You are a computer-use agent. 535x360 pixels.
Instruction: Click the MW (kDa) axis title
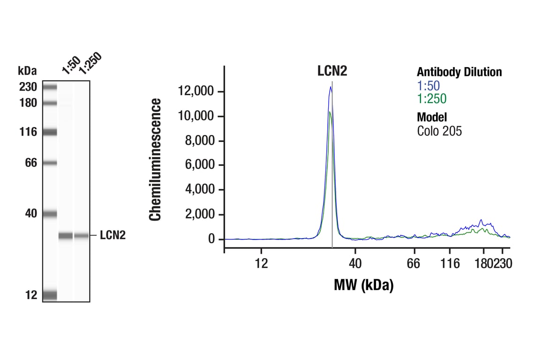pos(363,285)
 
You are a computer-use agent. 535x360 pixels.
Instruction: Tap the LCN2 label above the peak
pos(332,71)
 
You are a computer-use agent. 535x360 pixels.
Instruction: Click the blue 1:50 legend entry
pos(429,86)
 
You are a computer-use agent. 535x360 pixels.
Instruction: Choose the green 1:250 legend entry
pos(431,98)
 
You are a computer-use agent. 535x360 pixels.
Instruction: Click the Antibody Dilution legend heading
pos(459,72)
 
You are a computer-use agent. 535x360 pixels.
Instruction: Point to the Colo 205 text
pos(439,131)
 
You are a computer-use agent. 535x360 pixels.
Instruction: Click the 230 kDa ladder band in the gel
pos(50,87)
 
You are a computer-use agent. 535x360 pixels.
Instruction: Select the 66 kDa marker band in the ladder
pos(50,163)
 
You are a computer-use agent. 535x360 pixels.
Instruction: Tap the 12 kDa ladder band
pos(50,295)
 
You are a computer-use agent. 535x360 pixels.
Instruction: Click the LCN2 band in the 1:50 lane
pos(66,236)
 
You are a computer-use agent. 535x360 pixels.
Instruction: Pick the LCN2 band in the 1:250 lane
pos(81,236)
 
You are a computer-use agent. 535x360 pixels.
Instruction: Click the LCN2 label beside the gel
pos(113,235)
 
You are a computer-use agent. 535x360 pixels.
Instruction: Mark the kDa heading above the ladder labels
pos(28,71)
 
